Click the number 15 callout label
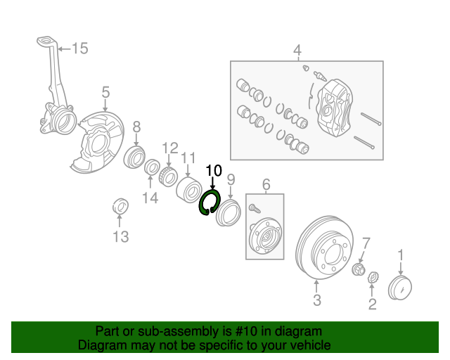pyautogui.click(x=79, y=49)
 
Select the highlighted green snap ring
pyautogui.click(x=210, y=202)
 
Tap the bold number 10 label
pyautogui.click(x=213, y=171)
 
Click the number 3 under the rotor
pyautogui.click(x=316, y=301)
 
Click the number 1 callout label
pyautogui.click(x=401, y=254)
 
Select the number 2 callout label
pyautogui.click(x=372, y=304)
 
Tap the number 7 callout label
pyautogui.click(x=365, y=244)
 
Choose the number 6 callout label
pyautogui.click(x=266, y=185)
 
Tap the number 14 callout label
pyautogui.click(x=150, y=198)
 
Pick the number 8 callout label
pyautogui.click(x=136, y=127)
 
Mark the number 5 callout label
pyautogui.click(x=105, y=92)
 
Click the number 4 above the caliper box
pyautogui.click(x=297, y=50)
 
